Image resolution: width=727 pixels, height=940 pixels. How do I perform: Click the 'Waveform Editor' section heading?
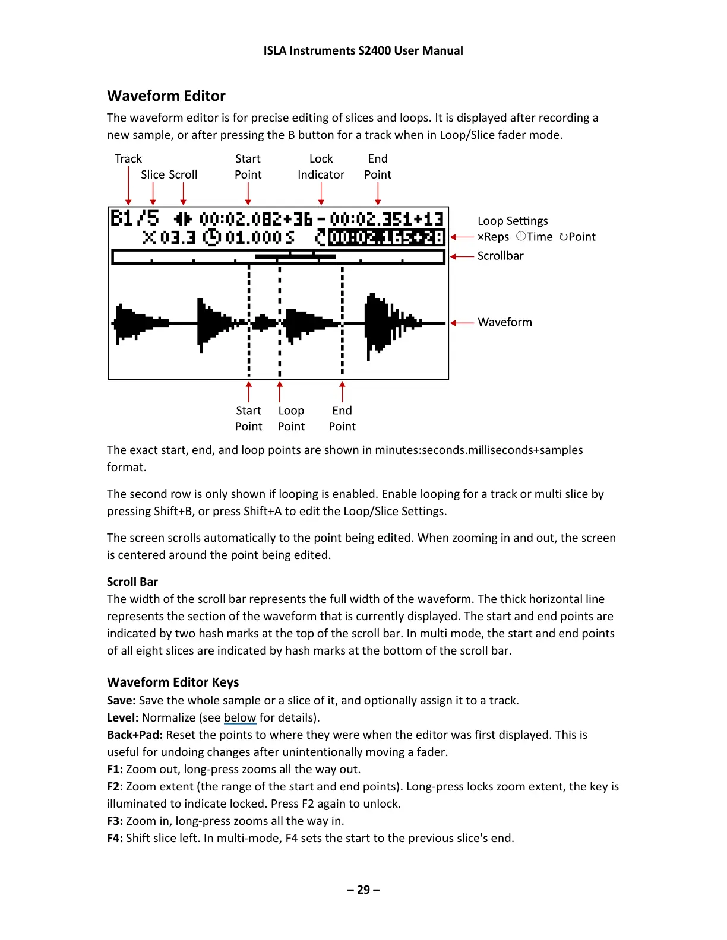click(x=166, y=96)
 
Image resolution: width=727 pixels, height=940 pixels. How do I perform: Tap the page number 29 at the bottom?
click(x=363, y=890)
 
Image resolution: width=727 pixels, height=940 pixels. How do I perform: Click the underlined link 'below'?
click(x=239, y=718)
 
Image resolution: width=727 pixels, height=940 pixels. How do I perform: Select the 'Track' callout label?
click(x=128, y=159)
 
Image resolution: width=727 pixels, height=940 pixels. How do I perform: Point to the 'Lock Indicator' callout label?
click(x=321, y=167)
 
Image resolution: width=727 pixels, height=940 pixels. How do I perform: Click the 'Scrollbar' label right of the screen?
click(x=500, y=256)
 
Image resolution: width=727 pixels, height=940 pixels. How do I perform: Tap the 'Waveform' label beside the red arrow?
click(x=504, y=323)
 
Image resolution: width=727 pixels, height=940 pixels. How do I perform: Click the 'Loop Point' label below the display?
click(x=291, y=419)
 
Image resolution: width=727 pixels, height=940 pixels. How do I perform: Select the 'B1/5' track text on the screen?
click(x=135, y=218)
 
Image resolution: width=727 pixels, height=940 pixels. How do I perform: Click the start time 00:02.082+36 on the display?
click(x=256, y=219)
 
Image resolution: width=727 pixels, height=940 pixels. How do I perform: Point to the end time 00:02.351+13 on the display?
click(x=387, y=219)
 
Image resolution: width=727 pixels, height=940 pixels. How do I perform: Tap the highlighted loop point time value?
click(x=386, y=238)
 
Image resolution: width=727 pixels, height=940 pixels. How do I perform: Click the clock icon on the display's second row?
click(x=211, y=238)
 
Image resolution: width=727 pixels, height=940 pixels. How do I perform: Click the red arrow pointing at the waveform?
click(x=462, y=323)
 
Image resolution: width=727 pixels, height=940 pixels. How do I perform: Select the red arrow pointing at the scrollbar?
click(x=462, y=256)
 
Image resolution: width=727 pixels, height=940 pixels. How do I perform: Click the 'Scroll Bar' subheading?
click(x=132, y=582)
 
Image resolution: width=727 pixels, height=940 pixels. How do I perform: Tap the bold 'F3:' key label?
click(x=115, y=821)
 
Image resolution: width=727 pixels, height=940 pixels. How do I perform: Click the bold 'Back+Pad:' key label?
click(x=134, y=735)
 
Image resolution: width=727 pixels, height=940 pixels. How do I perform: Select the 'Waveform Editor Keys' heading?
click(x=173, y=682)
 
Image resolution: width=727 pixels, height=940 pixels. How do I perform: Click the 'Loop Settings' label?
click(x=513, y=221)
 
